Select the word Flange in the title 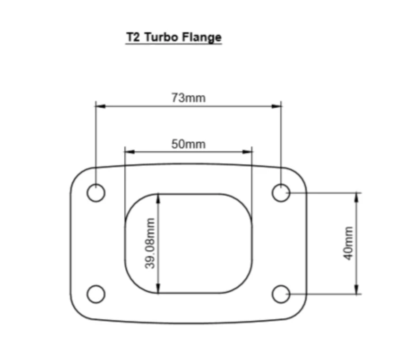tap(204, 37)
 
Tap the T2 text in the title tap(133, 37)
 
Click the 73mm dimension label tap(189, 98)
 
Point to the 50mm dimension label tap(188, 144)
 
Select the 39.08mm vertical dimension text tap(150, 243)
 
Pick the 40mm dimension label tap(348, 243)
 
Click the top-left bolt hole tap(96, 193)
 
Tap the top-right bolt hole tap(281, 193)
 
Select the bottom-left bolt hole tap(96, 294)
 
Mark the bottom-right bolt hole tap(281, 294)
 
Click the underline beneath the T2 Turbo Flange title tap(173, 44)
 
